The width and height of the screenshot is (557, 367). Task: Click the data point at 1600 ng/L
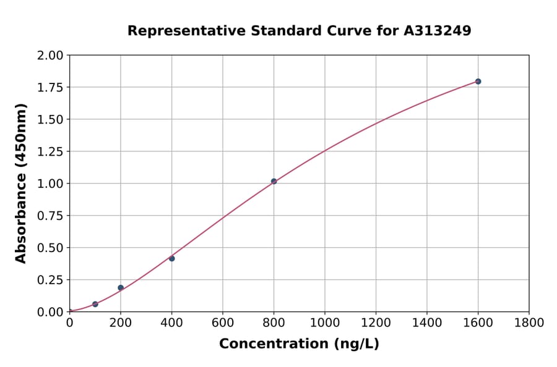pyautogui.click(x=478, y=82)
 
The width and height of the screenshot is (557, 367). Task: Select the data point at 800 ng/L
pyautogui.click(x=274, y=181)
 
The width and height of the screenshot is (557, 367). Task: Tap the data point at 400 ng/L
pyautogui.click(x=171, y=258)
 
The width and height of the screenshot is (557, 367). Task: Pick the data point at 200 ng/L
pyautogui.click(x=121, y=288)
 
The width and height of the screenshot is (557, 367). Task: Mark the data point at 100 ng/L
pyautogui.click(x=95, y=304)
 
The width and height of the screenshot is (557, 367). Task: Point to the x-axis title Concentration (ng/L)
pyautogui.click(x=299, y=344)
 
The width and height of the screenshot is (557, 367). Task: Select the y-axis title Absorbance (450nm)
pyautogui.click(x=21, y=183)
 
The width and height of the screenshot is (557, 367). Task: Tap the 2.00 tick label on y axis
pyautogui.click(x=51, y=56)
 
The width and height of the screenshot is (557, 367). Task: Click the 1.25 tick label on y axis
pyautogui.click(x=51, y=151)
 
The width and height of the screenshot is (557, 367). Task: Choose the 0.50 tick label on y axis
pyautogui.click(x=51, y=248)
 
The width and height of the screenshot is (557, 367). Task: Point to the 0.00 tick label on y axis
pyautogui.click(x=51, y=312)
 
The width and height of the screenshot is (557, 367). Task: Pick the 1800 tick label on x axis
pyautogui.click(x=529, y=323)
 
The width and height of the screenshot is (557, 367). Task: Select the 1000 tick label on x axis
pyautogui.click(x=324, y=323)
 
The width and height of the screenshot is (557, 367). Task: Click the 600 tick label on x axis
pyautogui.click(x=223, y=323)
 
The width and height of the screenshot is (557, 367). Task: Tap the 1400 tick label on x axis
pyautogui.click(x=426, y=323)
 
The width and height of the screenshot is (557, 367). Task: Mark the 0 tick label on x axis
pyautogui.click(x=69, y=323)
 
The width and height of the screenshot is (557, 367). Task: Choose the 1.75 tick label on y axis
pyautogui.click(x=51, y=87)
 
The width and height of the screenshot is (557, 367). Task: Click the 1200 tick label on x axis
pyautogui.click(x=376, y=323)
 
